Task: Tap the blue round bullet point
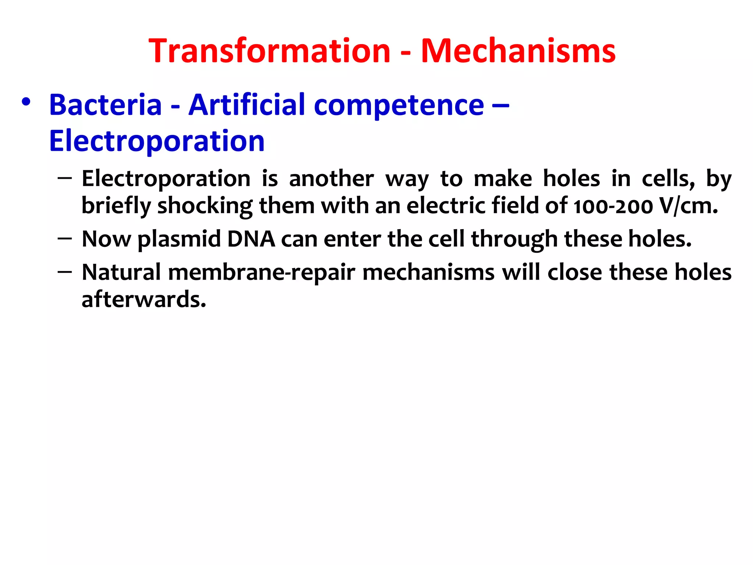(x=26, y=102)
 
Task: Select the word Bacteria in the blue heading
(x=106, y=105)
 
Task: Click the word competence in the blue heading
(x=399, y=106)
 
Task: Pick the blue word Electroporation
(x=157, y=141)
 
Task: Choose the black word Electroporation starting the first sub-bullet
(x=166, y=179)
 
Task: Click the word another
(x=331, y=179)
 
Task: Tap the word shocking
(x=205, y=206)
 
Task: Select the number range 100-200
(x=613, y=206)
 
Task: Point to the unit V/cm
(x=688, y=206)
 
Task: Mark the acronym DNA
(x=251, y=239)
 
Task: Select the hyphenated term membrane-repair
(x=262, y=273)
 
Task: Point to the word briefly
(x=116, y=206)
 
